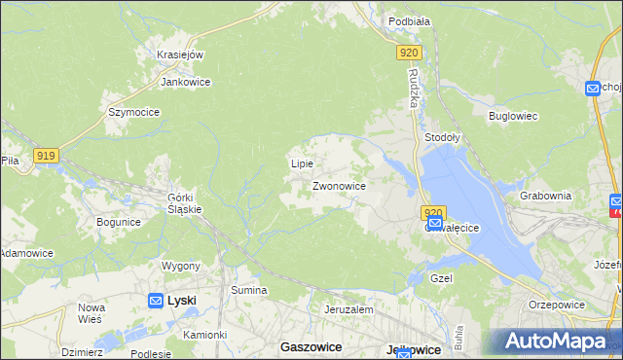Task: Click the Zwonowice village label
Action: click(x=339, y=185)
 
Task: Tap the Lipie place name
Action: click(x=302, y=163)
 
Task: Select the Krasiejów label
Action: click(x=179, y=54)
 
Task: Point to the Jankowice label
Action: click(x=186, y=83)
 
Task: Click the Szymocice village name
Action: click(x=133, y=112)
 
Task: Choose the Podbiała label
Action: click(x=409, y=20)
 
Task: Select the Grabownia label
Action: click(x=545, y=196)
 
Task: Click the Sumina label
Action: click(x=248, y=290)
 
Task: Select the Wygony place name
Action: click(x=181, y=266)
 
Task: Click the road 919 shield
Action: click(x=46, y=155)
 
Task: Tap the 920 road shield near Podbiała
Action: click(x=409, y=54)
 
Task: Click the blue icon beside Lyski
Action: click(x=156, y=301)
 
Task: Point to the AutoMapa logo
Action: click(x=556, y=341)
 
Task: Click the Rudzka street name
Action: click(x=414, y=88)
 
